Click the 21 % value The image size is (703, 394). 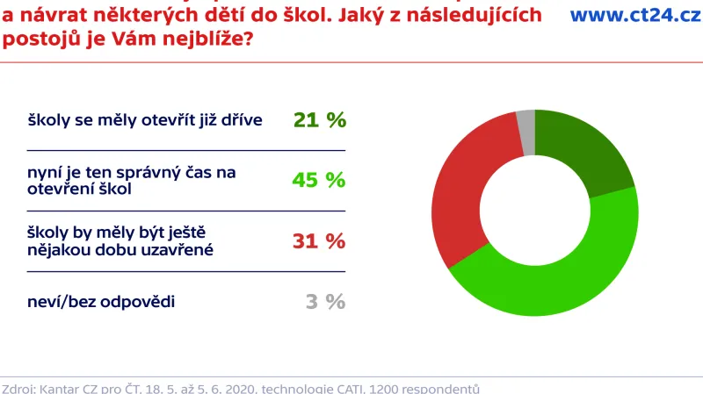pyautogui.click(x=320, y=120)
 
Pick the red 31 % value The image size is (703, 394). pyautogui.click(x=320, y=240)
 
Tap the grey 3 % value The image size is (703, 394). pyautogui.click(x=325, y=301)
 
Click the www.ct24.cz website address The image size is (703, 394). pyautogui.click(x=635, y=15)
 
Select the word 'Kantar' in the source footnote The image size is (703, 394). pyautogui.click(x=60, y=387)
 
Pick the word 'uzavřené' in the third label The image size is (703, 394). pyautogui.click(x=170, y=249)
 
